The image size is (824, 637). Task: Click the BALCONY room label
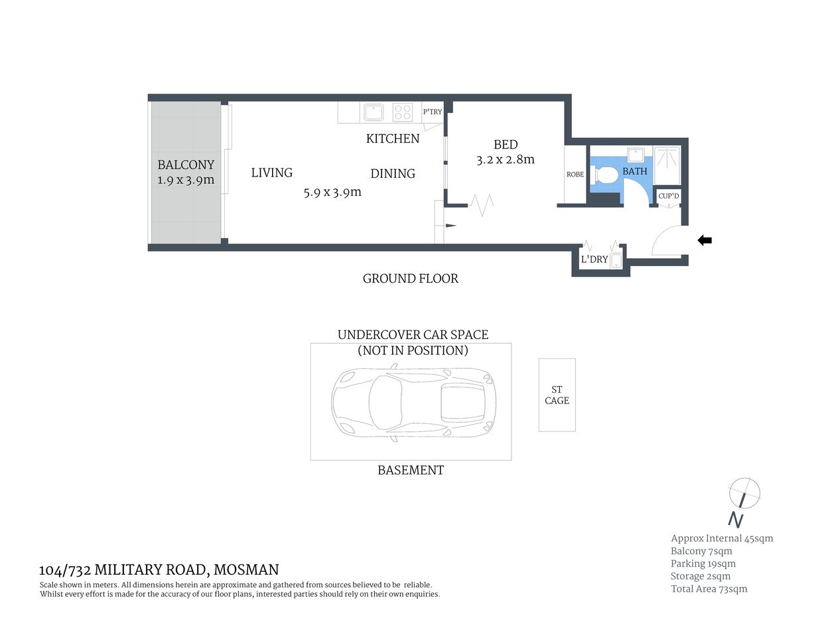tap(186, 165)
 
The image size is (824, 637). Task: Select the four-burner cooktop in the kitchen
tap(403, 112)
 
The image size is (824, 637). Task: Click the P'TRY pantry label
tap(433, 112)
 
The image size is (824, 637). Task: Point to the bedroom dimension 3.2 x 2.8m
tap(506, 160)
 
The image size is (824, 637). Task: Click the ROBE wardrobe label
tap(575, 175)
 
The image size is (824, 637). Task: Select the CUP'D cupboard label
tap(669, 196)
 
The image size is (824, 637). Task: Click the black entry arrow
tap(705, 240)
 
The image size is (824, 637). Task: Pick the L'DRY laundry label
tap(594, 259)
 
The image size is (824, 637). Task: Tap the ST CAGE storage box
tap(557, 395)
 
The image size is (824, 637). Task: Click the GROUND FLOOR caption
tap(411, 279)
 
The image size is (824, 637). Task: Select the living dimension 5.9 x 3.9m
tap(332, 192)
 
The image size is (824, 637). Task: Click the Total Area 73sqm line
tap(709, 589)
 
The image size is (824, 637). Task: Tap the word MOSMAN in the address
tap(246, 569)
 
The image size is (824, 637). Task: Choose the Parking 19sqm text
tap(703, 564)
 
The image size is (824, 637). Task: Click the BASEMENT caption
tap(411, 470)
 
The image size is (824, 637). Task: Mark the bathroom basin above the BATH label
tap(636, 155)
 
